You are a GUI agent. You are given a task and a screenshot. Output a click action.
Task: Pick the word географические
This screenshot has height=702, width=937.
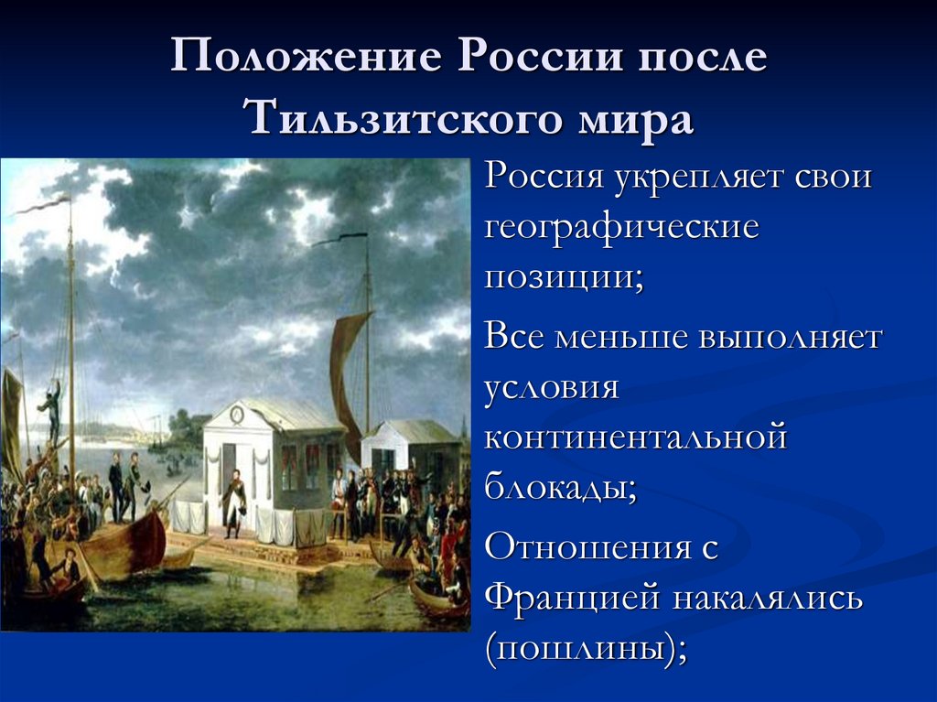click(x=622, y=226)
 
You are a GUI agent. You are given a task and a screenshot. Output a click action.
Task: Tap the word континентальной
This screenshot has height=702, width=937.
click(x=636, y=437)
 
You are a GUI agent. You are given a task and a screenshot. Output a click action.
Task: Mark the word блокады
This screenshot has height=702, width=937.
click(x=559, y=487)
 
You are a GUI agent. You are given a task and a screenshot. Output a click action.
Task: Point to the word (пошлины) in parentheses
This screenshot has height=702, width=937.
click(x=586, y=650)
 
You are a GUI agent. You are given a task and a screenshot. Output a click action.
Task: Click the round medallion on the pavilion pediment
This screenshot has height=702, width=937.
click(x=238, y=414)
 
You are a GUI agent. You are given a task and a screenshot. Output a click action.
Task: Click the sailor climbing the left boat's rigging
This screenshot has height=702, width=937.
click(x=50, y=407)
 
